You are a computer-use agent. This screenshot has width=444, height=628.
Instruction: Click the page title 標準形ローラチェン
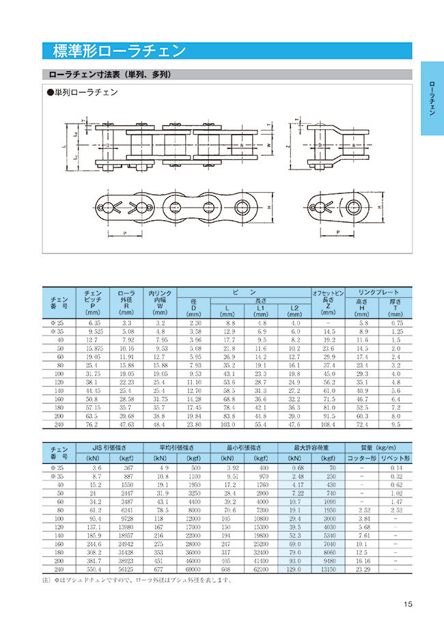[120, 51]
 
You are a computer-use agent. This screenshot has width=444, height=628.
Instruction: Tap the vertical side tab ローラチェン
[431, 99]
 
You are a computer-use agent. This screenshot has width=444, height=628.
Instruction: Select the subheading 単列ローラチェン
[81, 93]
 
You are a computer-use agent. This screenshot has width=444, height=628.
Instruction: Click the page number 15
[408, 603]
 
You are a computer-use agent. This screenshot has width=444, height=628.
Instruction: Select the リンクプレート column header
[379, 292]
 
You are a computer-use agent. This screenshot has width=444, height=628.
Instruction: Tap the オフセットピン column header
[329, 293]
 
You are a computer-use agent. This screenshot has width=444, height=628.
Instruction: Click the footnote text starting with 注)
[137, 581]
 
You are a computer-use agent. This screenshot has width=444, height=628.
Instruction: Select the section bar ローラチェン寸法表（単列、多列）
[109, 74]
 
